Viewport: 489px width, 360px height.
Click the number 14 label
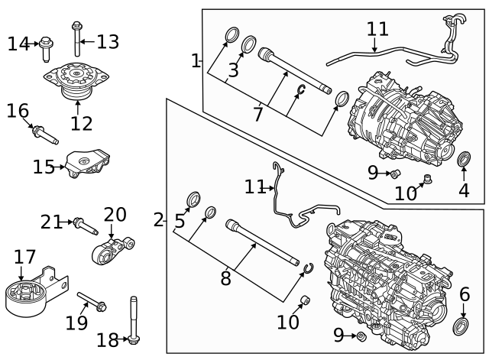(19, 44)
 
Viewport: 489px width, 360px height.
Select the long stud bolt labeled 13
(76, 38)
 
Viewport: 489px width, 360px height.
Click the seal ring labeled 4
(463, 160)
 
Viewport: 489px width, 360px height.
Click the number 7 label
(257, 115)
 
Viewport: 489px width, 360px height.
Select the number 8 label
(225, 278)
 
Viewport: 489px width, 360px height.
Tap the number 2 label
(158, 221)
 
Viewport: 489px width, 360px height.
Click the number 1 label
(196, 60)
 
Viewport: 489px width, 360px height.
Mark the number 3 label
(233, 71)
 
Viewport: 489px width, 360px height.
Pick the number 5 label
(180, 222)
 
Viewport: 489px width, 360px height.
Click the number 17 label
(24, 258)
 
